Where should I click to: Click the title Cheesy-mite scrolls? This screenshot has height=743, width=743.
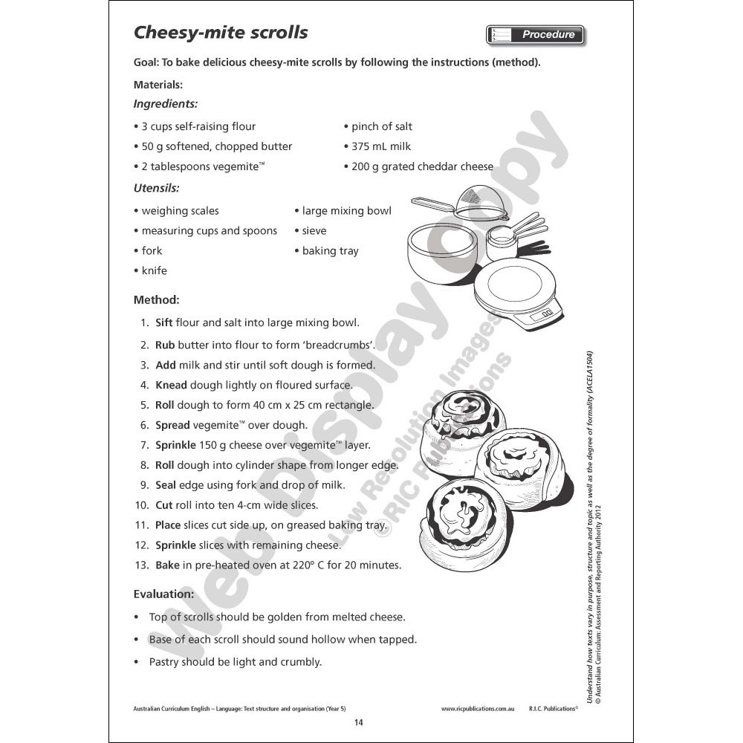[220, 33]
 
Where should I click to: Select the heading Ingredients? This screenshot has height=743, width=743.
[165, 104]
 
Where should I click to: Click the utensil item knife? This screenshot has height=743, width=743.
[155, 270]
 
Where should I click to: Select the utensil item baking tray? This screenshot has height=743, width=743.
[330, 250]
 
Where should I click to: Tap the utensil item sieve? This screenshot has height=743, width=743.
[314, 230]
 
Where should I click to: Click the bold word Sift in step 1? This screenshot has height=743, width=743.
[163, 322]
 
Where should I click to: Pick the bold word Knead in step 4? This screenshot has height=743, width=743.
[171, 385]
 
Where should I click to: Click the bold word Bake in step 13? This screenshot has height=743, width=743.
[167, 565]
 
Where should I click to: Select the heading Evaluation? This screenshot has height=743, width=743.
[163, 594]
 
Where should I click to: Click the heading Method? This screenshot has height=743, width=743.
[156, 300]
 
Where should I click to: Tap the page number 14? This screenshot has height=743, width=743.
[359, 723]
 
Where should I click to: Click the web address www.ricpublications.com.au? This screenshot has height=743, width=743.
[478, 709]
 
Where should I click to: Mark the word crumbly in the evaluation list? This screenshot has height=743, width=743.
[301, 661]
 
